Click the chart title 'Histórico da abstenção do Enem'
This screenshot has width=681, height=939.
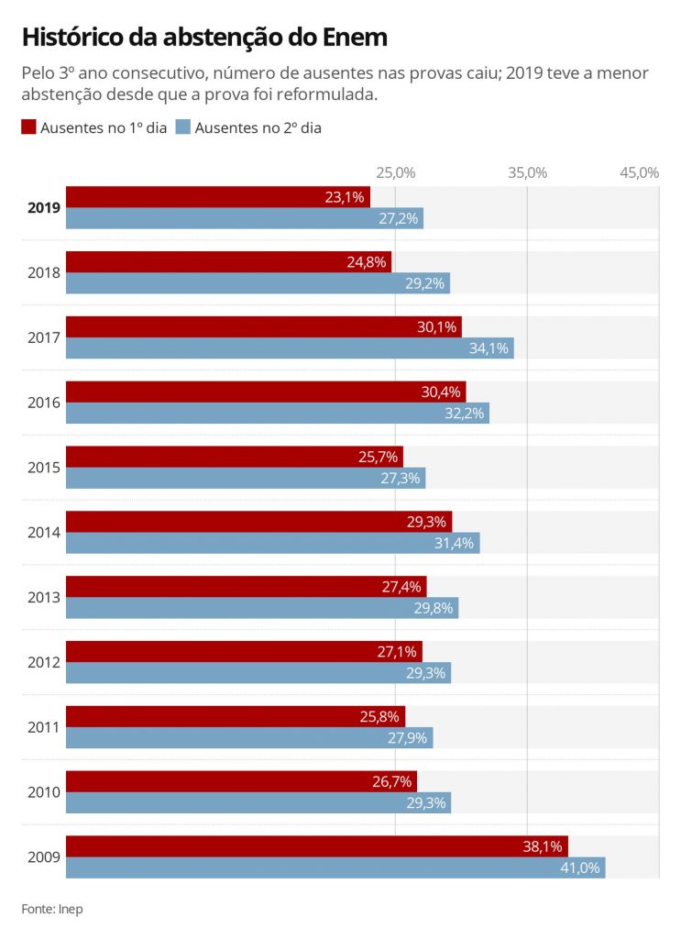click(204, 38)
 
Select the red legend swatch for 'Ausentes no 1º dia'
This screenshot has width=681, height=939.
click(28, 127)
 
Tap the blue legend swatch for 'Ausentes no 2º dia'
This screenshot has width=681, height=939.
click(182, 127)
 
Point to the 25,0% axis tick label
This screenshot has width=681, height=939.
click(395, 172)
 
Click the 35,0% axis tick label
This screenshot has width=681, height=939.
click(527, 172)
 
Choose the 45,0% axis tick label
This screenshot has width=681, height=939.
click(639, 172)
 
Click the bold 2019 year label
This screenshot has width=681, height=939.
click(44, 207)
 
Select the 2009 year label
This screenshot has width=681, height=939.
click(44, 857)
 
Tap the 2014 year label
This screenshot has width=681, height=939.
click(44, 532)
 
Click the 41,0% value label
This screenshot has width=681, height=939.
click(579, 867)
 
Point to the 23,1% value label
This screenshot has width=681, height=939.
click(345, 196)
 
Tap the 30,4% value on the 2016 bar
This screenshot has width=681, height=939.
click(441, 392)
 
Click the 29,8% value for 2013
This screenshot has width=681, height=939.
click(433, 608)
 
